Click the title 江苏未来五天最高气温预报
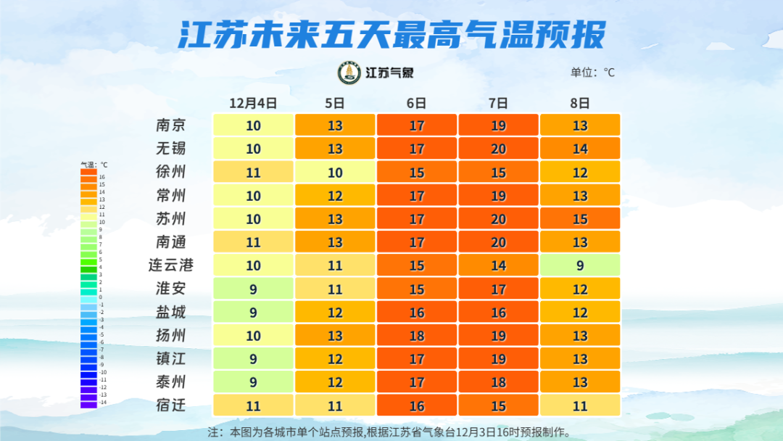(x=391, y=34)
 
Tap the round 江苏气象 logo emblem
(x=350, y=73)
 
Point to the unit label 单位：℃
(x=592, y=73)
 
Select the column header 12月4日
(x=253, y=102)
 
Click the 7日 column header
(x=498, y=102)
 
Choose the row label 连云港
(x=171, y=265)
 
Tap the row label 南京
(x=171, y=125)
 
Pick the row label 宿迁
(x=171, y=405)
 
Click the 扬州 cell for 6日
(x=417, y=335)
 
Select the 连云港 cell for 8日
(x=580, y=265)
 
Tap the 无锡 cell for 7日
(x=498, y=149)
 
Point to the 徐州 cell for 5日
(x=335, y=172)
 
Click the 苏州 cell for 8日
(x=580, y=218)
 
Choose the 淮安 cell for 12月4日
(x=253, y=289)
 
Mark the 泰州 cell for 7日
(x=498, y=382)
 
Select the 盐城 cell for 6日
(x=417, y=312)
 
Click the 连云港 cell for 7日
(x=498, y=265)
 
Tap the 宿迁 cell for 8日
(x=580, y=405)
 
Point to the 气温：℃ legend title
(x=94, y=165)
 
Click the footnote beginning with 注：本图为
(x=389, y=432)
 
